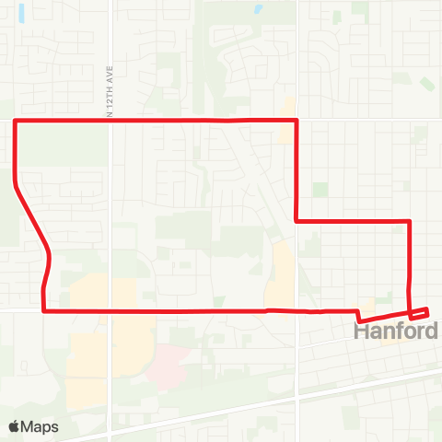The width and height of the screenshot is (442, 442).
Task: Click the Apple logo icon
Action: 15,427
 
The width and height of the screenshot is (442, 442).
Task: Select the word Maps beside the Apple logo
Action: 41,427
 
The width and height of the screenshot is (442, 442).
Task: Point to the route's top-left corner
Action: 16,121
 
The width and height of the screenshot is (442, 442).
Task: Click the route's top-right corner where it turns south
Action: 295,121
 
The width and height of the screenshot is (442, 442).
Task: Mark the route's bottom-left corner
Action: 43,311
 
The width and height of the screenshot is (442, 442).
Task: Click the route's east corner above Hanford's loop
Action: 409,221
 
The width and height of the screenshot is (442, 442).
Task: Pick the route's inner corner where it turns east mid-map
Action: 295,220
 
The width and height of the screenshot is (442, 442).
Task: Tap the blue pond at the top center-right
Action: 257,12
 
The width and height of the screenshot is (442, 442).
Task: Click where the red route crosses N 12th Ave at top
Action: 110,121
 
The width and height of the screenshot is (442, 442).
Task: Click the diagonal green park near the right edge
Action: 427,84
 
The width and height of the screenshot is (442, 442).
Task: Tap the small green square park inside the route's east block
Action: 320,189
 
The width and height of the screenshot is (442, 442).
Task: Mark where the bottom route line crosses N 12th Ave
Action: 110,311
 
